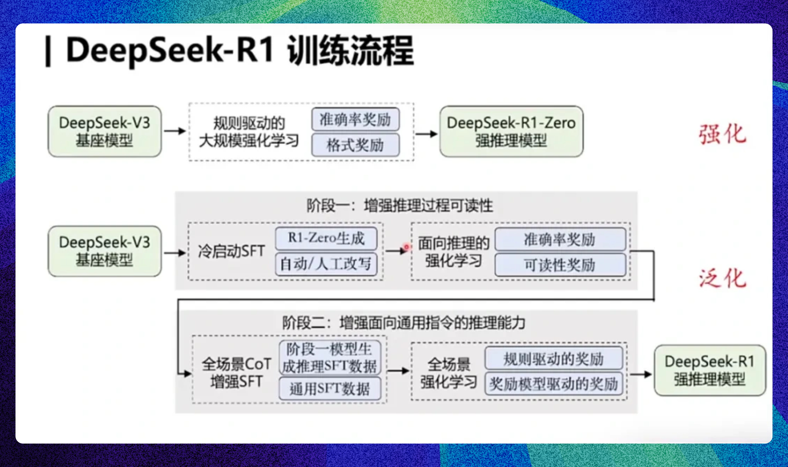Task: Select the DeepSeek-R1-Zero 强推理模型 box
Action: (511, 131)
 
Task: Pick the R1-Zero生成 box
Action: (326, 238)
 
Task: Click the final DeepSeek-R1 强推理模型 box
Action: (710, 370)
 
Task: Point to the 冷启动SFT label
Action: (232, 251)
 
